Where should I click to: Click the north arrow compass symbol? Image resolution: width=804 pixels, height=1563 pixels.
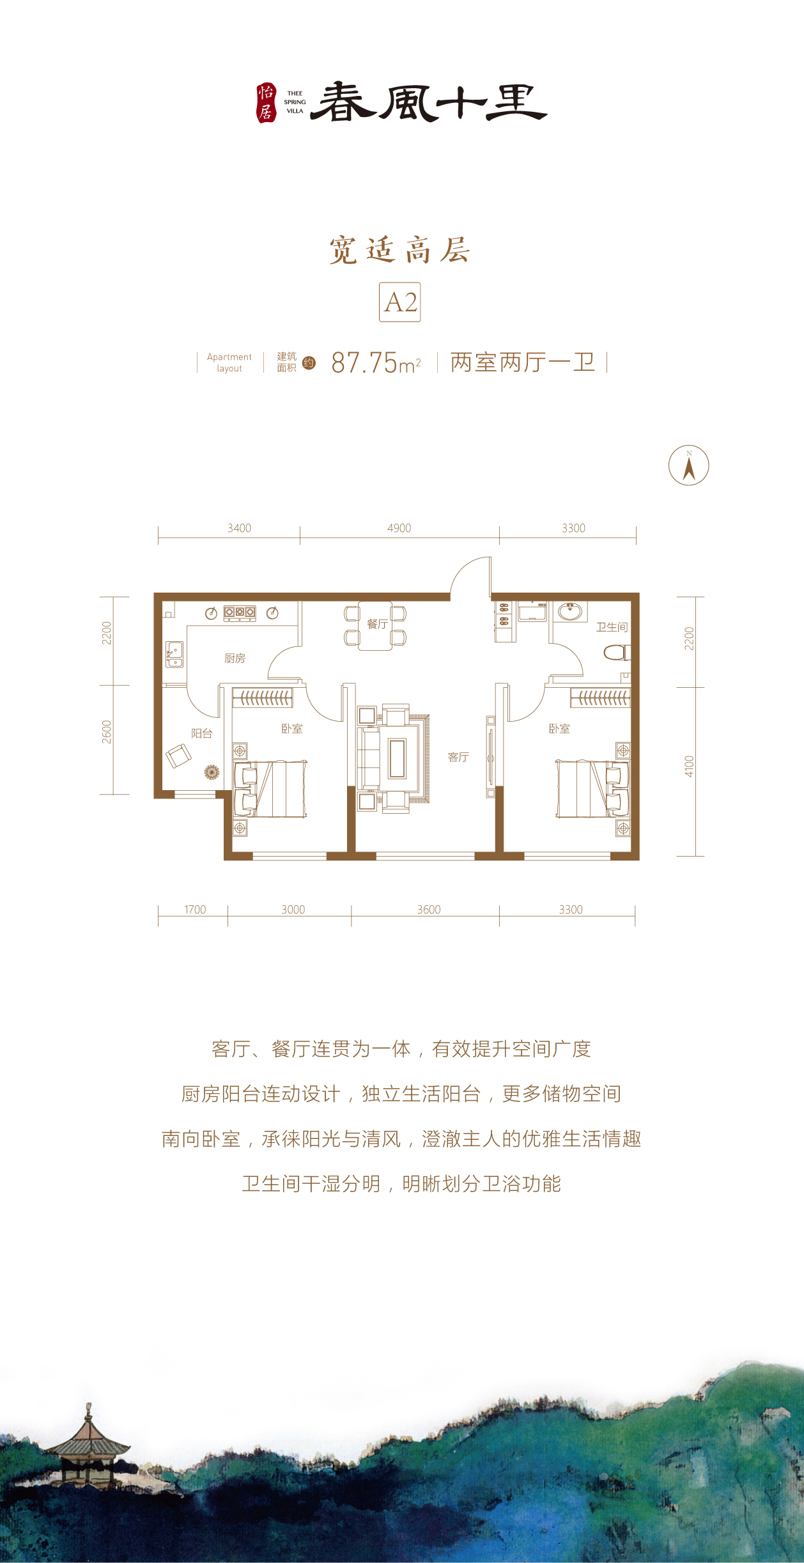[x=688, y=465]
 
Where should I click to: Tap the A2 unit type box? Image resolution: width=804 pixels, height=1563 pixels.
[x=400, y=302]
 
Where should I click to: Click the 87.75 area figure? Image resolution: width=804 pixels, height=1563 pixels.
[x=364, y=363]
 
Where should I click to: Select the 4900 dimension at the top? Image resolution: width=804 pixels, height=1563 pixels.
[x=399, y=528]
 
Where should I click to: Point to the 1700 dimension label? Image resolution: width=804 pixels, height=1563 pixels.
[x=195, y=909]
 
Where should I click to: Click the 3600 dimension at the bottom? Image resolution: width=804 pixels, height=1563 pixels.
[x=429, y=909]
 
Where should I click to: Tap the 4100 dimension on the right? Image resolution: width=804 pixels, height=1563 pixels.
[x=689, y=766]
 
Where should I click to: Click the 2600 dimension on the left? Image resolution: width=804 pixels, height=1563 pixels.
[x=107, y=732]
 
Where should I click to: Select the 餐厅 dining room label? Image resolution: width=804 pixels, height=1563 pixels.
[x=377, y=624]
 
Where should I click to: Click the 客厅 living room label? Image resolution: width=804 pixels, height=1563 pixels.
[x=458, y=757]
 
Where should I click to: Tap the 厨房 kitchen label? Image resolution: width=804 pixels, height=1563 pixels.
[x=235, y=658]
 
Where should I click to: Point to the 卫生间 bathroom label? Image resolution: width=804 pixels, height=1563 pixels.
[x=612, y=627]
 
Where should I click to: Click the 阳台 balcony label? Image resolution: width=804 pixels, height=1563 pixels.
[x=201, y=733]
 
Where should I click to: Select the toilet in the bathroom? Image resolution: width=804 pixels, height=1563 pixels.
[x=617, y=653]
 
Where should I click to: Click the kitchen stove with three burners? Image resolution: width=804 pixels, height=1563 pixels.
[x=240, y=613]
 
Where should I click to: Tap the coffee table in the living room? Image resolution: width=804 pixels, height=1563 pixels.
[x=397, y=758]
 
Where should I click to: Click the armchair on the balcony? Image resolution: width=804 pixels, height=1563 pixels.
[x=178, y=756]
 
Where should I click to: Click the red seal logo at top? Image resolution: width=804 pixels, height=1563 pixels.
[x=266, y=103]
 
